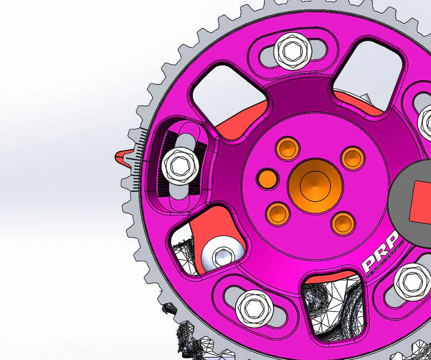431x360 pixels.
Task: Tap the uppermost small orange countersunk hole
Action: [287, 147]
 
